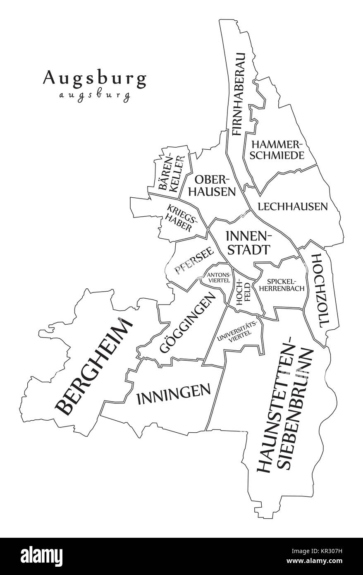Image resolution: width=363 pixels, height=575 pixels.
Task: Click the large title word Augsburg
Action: tap(94, 78)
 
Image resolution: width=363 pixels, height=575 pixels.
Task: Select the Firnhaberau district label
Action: tap(238, 94)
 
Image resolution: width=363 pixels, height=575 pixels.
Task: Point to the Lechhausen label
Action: tap(292, 206)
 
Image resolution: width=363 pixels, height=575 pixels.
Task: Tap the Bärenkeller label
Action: tap(170, 173)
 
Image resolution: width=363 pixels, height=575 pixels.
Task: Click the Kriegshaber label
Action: tap(181, 217)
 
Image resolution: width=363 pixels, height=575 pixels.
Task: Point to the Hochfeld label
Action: tap(243, 294)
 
